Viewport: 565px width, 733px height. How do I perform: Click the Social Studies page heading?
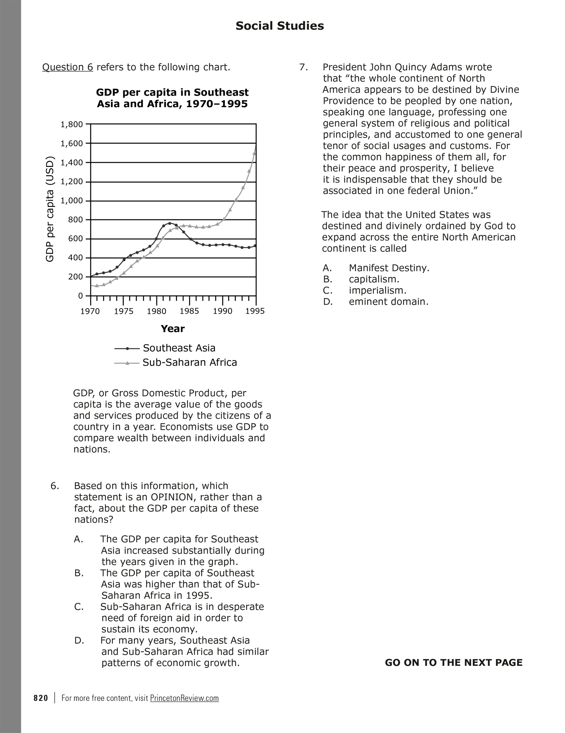tap(279, 26)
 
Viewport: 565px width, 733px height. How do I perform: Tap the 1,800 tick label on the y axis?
tap(72, 124)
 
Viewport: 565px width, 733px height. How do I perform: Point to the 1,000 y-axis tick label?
tap(72, 201)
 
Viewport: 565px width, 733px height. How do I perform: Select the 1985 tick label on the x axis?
tap(189, 312)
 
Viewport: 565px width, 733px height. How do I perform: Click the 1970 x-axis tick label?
tap(90, 312)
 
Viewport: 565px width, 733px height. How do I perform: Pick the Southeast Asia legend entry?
tap(179, 348)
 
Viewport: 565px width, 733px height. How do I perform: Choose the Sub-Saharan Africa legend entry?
tap(189, 363)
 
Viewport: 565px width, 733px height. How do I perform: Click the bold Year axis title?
tap(173, 329)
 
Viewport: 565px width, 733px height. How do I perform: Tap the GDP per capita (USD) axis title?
tap(50, 209)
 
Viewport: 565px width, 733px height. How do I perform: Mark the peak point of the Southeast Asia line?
tap(169, 223)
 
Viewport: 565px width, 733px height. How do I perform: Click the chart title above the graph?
tap(172, 98)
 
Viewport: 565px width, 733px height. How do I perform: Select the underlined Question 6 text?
tap(68, 67)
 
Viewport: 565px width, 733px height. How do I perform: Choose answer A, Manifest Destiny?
tap(389, 268)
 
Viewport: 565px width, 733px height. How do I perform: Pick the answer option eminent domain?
tap(389, 302)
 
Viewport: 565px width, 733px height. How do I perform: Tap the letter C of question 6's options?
tap(79, 607)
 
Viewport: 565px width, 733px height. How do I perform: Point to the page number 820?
tap(41, 698)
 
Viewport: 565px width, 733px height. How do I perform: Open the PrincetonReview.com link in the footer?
tap(184, 698)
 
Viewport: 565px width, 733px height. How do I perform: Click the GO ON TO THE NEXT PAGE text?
tap(453, 663)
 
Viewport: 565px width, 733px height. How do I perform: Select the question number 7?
tap(304, 67)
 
